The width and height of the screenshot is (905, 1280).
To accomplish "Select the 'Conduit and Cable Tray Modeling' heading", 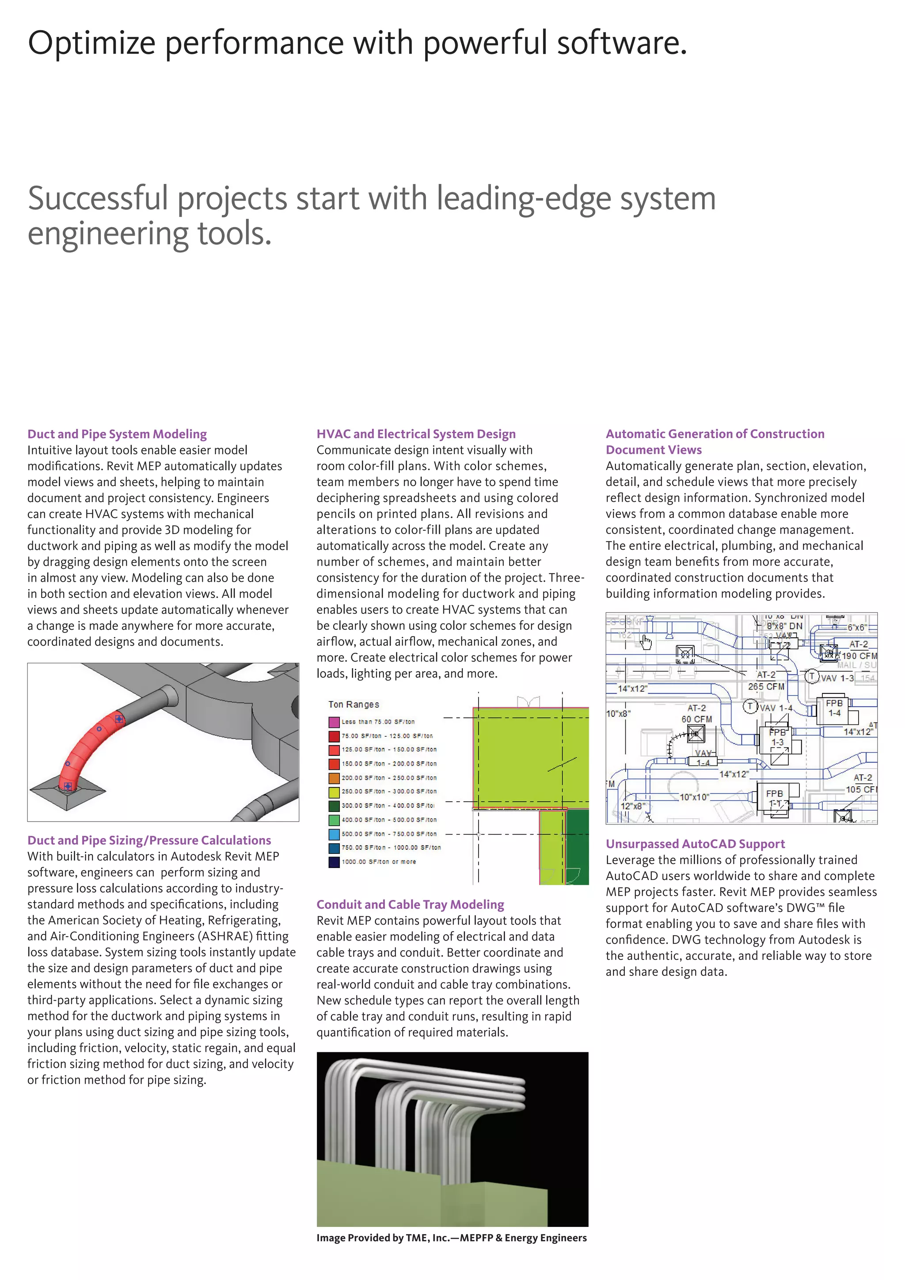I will (x=410, y=904).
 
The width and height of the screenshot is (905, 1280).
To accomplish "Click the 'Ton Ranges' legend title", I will (x=354, y=704).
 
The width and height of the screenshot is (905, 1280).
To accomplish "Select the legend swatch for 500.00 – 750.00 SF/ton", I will (x=334, y=834).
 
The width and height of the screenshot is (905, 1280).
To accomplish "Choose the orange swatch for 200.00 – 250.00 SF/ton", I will (x=334, y=778).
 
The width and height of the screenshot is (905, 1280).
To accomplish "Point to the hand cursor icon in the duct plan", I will (x=646, y=642).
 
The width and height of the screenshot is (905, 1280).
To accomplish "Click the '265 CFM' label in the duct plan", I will (x=766, y=686).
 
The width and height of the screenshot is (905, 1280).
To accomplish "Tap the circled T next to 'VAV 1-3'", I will (x=811, y=676).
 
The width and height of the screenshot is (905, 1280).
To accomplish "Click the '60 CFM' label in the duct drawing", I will (x=696, y=719).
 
